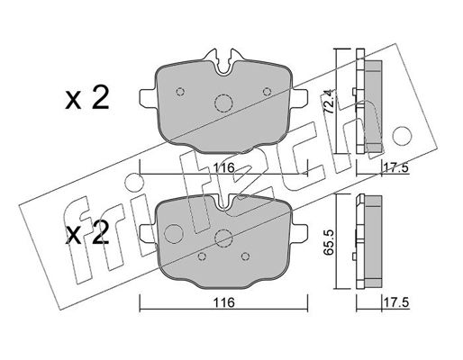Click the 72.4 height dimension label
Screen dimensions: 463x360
click(x=328, y=103)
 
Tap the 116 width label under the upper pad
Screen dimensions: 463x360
click(x=223, y=167)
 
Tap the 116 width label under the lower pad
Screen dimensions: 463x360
click(x=223, y=302)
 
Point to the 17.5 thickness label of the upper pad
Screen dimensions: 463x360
click(x=396, y=168)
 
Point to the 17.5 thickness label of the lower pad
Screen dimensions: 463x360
click(x=396, y=302)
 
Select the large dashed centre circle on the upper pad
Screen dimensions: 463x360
click(x=223, y=103)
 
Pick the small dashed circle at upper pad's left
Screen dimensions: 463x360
click(x=180, y=92)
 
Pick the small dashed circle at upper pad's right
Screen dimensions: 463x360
click(x=267, y=92)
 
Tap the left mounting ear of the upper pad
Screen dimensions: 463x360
click(x=149, y=98)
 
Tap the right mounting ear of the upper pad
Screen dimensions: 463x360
click(x=299, y=98)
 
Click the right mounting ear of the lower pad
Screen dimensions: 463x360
click(x=299, y=234)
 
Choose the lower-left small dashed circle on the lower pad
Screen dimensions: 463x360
click(x=202, y=256)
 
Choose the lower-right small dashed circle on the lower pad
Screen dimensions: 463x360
click(x=246, y=256)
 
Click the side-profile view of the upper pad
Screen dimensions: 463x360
click(x=368, y=102)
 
